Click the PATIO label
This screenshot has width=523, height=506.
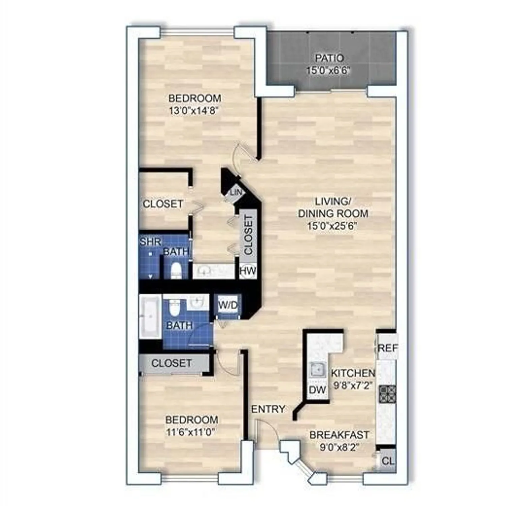pyautogui.click(x=329, y=58)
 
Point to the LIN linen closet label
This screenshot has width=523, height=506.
pyautogui.click(x=236, y=192)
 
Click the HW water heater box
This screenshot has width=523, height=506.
pyautogui.click(x=248, y=271)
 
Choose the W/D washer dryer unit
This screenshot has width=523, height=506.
pyautogui.click(x=228, y=306)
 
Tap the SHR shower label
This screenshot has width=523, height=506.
pyautogui.click(x=150, y=242)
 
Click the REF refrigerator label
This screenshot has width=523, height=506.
pyautogui.click(x=388, y=348)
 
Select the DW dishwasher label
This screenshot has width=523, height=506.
pyautogui.click(x=317, y=390)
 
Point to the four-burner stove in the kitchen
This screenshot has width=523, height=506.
pyautogui.click(x=387, y=394)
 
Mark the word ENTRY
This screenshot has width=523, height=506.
pyautogui.click(x=268, y=409)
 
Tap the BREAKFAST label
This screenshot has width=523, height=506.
pyautogui.click(x=339, y=435)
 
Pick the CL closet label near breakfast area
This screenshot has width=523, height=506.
pyautogui.click(x=388, y=461)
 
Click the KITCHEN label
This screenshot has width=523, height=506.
pyautogui.click(x=353, y=373)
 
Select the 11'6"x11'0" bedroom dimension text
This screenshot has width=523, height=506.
pyautogui.click(x=191, y=432)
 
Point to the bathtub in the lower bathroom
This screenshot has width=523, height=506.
pyautogui.click(x=150, y=316)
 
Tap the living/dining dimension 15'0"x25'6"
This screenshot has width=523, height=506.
pyautogui.click(x=332, y=226)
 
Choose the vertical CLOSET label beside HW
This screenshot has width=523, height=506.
pyautogui.click(x=248, y=235)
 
